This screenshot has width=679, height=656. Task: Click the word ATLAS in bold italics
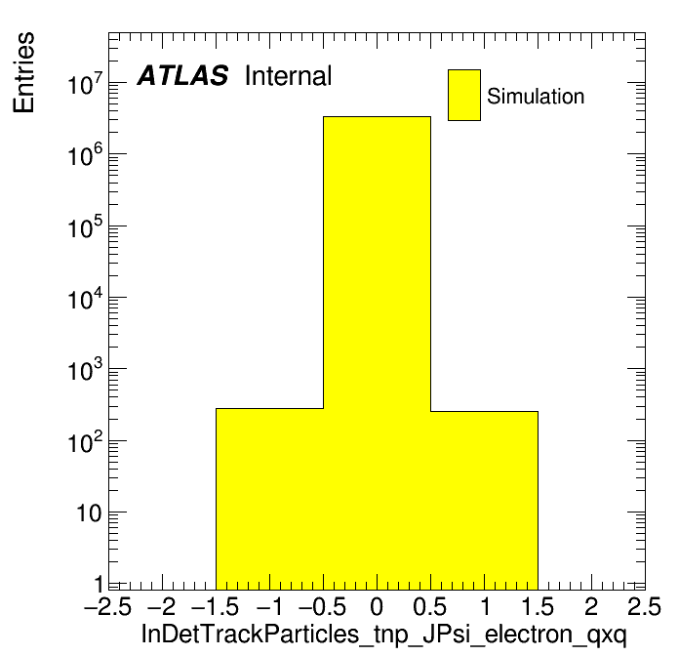tap(182, 75)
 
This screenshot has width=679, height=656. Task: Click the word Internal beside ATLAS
tap(288, 76)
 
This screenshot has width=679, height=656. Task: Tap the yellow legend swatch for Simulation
tap(463, 95)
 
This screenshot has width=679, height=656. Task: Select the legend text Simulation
tap(536, 96)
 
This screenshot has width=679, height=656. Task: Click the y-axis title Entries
tap(23, 72)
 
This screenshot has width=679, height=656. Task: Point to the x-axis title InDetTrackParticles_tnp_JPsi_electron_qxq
tap(383, 635)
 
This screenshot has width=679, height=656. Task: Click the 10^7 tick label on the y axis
tap(85, 84)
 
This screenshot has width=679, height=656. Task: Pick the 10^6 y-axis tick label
tap(85, 155)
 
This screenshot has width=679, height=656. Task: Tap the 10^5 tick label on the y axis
tap(85, 227)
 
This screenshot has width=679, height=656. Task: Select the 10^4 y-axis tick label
tap(85, 299)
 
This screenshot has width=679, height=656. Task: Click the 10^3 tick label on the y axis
tap(85, 370)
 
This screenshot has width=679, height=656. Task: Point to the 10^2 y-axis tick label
tap(85, 442)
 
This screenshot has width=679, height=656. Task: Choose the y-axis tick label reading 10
tap(89, 513)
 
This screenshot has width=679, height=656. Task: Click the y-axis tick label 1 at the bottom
tap(100, 585)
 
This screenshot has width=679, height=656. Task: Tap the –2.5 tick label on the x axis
tap(108, 606)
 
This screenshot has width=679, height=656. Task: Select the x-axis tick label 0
tap(377, 606)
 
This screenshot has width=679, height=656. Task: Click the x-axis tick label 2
tap(591, 606)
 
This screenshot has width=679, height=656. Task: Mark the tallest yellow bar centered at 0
tap(377, 353)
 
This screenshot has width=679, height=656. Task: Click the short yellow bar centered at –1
tap(270, 499)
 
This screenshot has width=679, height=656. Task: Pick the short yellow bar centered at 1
tap(484, 501)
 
